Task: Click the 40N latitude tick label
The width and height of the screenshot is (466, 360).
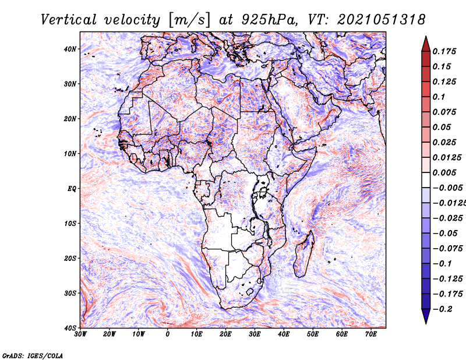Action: [x=70, y=49]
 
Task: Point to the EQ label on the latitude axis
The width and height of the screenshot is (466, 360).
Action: [x=72, y=189]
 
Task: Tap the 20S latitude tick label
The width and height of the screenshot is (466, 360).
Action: [x=70, y=258]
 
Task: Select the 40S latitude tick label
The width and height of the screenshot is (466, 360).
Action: [x=70, y=328]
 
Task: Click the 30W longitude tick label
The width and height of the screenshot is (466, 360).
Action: [x=80, y=334]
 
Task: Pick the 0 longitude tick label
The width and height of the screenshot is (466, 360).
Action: [x=168, y=334]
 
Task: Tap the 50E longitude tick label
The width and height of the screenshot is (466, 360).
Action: [x=313, y=334]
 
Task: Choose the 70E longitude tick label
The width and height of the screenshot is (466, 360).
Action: [x=371, y=334]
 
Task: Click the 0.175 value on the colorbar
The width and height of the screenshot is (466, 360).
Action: [x=444, y=51]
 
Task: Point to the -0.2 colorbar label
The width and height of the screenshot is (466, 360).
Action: [x=443, y=309]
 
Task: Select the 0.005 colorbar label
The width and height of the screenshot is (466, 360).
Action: [x=444, y=172]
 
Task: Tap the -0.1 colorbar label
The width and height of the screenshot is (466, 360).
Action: [x=443, y=264]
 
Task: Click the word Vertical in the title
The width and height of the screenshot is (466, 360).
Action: [x=69, y=20]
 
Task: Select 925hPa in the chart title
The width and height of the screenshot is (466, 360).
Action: [x=269, y=20]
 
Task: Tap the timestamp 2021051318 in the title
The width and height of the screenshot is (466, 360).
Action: [x=382, y=20]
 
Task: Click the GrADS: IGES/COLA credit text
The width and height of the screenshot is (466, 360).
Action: [x=33, y=356]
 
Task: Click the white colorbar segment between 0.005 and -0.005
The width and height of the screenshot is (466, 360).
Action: [x=426, y=180]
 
